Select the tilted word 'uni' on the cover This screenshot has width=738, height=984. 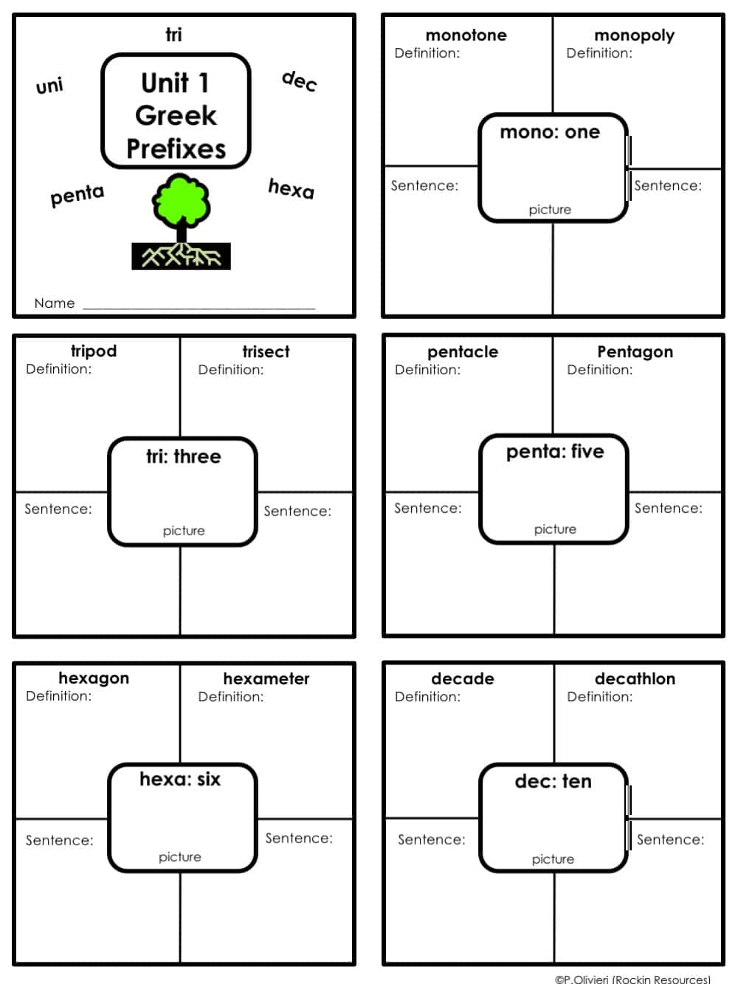[x=49, y=86]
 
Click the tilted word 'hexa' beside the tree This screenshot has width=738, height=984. [x=291, y=188]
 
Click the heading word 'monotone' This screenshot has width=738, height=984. [x=466, y=35]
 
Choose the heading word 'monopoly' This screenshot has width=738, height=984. [x=634, y=35]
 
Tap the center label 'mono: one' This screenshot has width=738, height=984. [x=550, y=132]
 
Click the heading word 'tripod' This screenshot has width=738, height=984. [x=94, y=351]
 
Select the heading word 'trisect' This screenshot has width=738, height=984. [x=266, y=351]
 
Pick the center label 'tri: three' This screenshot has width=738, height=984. [x=183, y=456]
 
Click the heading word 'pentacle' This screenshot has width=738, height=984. [x=463, y=351]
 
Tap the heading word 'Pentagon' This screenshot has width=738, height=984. [x=635, y=351]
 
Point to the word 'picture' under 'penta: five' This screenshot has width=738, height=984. [x=555, y=529]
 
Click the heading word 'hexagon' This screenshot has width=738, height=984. [x=94, y=678]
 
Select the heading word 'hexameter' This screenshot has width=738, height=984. [x=266, y=678]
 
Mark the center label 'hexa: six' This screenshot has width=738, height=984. [x=180, y=779]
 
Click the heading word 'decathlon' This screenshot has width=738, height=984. [x=635, y=678]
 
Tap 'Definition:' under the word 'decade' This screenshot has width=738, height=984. [x=427, y=696]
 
